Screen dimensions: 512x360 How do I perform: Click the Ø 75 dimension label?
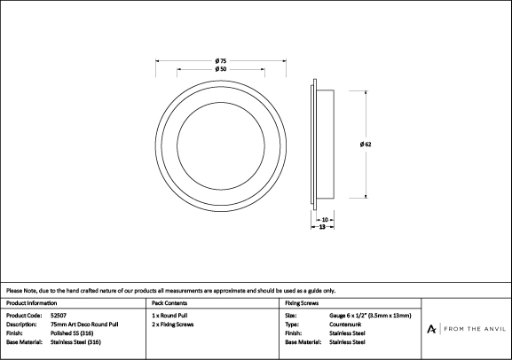[x=221, y=60]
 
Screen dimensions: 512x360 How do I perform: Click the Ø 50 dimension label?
[x=221, y=69]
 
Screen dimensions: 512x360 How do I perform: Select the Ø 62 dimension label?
[x=366, y=145]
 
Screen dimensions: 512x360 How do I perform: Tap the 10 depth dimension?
[x=325, y=220]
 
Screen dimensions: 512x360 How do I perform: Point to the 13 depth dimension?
[x=322, y=227]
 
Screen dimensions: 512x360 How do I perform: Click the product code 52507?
[x=59, y=316]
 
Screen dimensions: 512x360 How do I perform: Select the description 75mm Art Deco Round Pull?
[x=84, y=325]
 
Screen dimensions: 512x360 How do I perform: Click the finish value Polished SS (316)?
[x=72, y=333]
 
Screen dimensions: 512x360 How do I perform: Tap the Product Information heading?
[x=31, y=303]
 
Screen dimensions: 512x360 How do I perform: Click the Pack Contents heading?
[x=169, y=303]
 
